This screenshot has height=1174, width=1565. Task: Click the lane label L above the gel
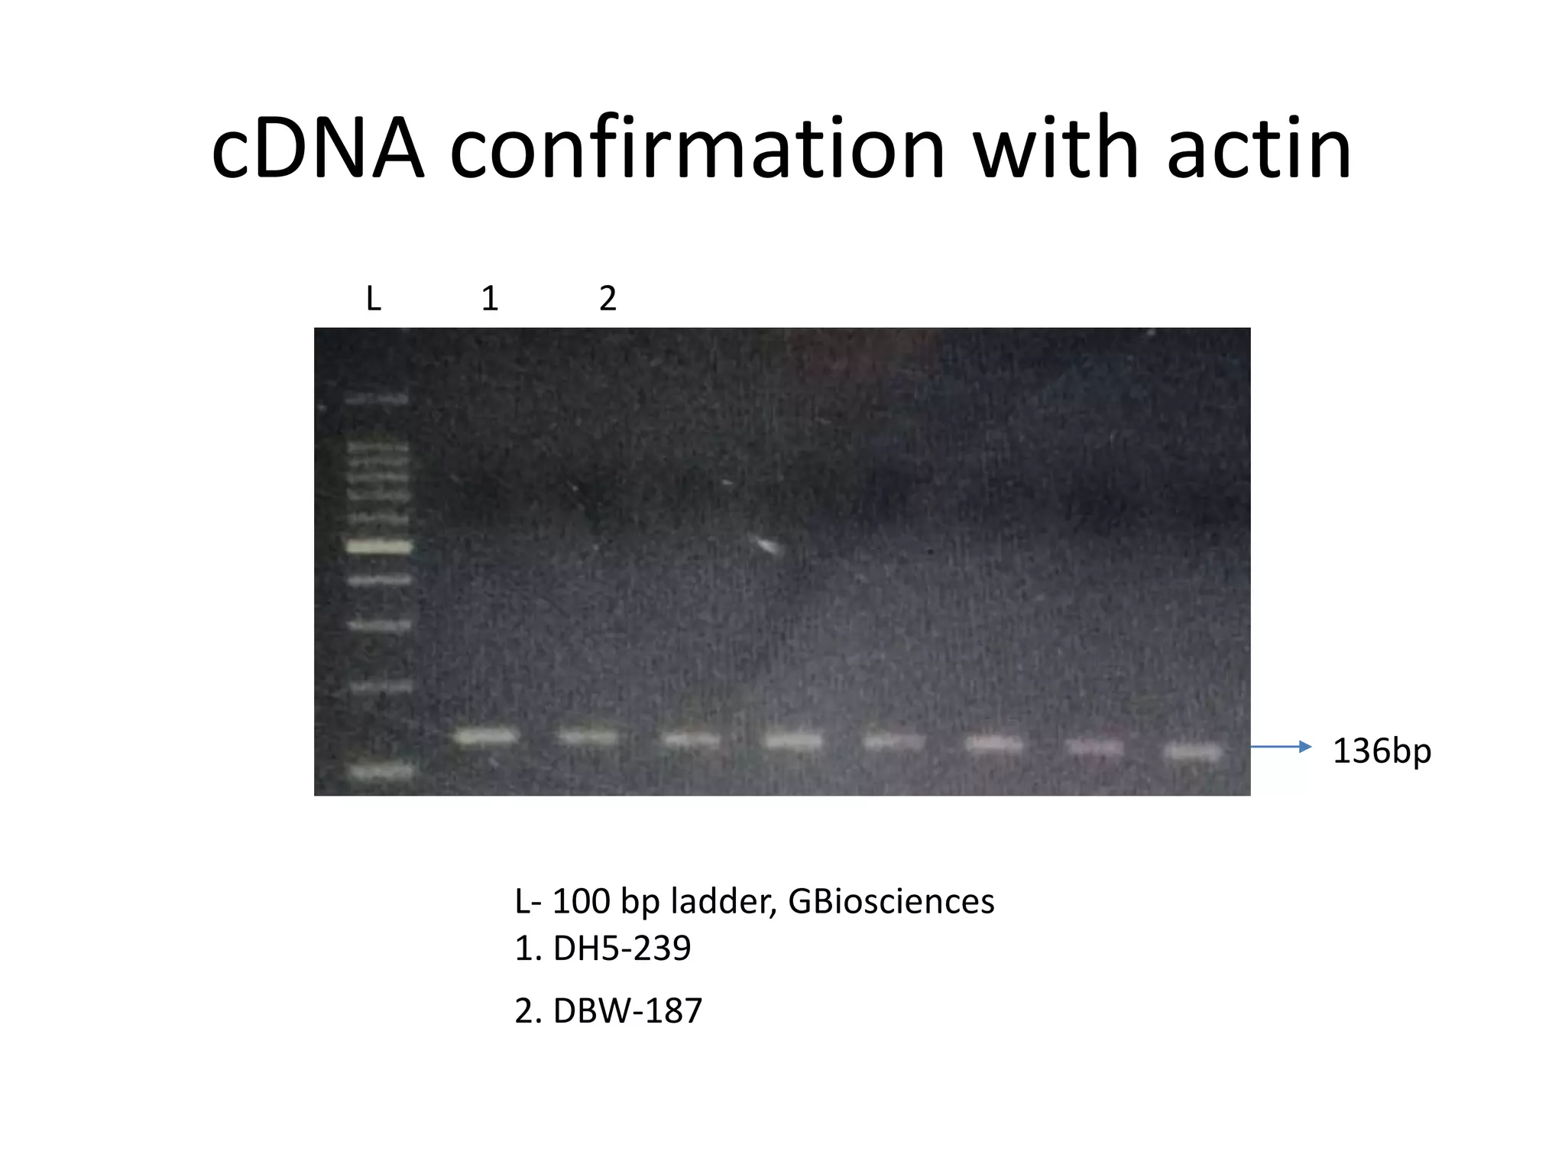tap(373, 298)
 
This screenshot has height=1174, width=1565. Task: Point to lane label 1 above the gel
tap(490, 298)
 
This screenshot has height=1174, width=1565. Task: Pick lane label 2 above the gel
tap(608, 298)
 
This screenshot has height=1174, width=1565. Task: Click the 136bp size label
tap(1382, 751)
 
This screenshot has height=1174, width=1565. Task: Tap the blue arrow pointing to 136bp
tap(1281, 746)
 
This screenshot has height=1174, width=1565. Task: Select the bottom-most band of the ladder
tap(381, 772)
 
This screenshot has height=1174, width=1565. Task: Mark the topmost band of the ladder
tap(377, 399)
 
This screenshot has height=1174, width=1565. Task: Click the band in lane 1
tap(487, 737)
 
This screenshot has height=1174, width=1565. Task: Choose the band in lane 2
tap(588, 738)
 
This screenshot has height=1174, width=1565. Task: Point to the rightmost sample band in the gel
tap(1192, 752)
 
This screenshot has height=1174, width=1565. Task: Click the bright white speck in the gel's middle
tap(765, 545)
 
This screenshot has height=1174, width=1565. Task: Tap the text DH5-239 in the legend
tap(622, 949)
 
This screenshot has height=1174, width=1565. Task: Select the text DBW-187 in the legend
tap(627, 1010)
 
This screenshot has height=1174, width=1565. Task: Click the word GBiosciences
tap(891, 901)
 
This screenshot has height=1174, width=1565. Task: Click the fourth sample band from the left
tap(793, 741)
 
